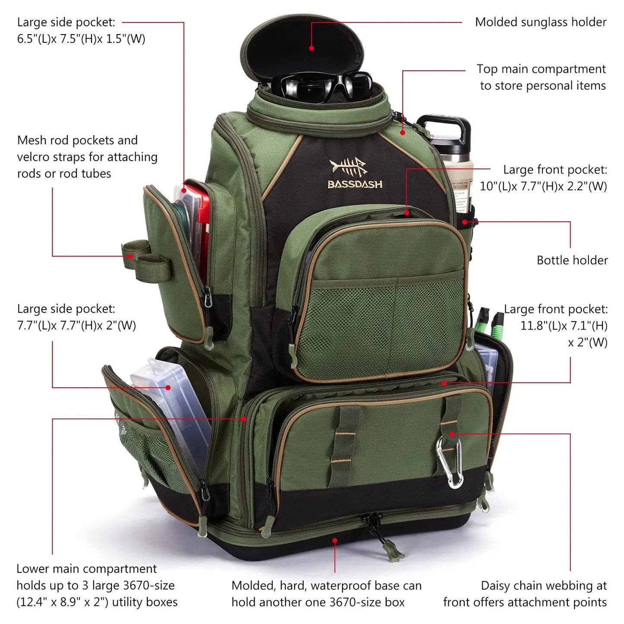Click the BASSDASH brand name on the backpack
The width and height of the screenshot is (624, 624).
(355, 184)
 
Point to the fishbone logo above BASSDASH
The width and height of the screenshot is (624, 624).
(348, 167)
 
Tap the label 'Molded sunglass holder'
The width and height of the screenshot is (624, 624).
(541, 22)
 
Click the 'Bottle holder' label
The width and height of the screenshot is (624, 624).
(572, 260)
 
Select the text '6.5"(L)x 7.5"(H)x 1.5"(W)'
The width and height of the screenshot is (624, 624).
(81, 39)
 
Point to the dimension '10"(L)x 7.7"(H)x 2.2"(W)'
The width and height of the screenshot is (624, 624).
(543, 186)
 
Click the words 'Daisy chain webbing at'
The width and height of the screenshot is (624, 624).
(544, 586)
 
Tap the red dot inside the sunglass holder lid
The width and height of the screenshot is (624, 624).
(312, 48)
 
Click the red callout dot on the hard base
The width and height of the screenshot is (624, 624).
(335, 540)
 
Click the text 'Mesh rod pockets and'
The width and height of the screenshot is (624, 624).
(77, 140)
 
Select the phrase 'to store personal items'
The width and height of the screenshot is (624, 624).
(543, 86)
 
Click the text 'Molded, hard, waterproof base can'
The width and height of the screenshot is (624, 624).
(326, 586)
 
